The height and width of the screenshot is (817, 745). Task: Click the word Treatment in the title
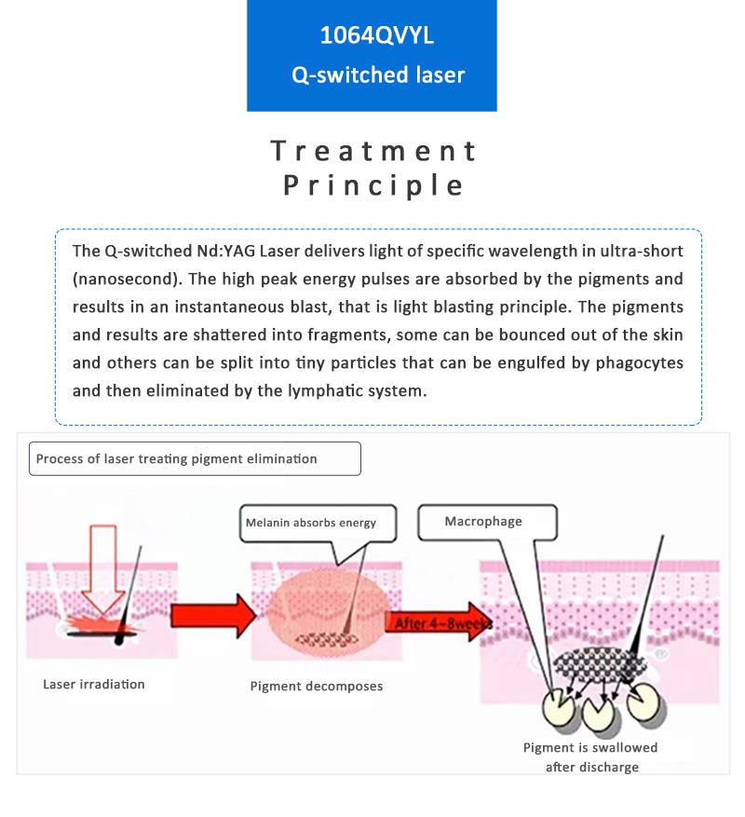373,151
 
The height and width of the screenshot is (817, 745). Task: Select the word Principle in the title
373,184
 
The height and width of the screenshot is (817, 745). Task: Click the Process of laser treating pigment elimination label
177,458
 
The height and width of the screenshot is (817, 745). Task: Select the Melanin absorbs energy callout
311,523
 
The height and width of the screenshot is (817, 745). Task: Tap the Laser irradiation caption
94,685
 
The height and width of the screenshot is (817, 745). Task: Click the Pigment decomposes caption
317,687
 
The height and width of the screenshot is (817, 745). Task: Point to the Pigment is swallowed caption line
590,747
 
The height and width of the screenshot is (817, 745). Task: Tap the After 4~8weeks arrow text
438,623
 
